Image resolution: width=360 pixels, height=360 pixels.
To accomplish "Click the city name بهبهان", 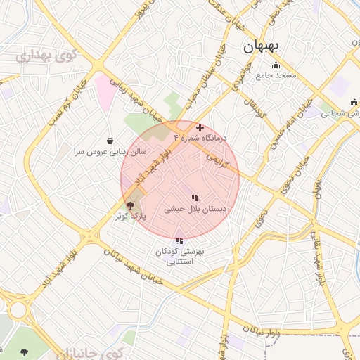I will pyautogui.click(x=262, y=47).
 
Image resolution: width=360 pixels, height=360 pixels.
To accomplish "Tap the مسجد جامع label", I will pyautogui.click(x=276, y=75).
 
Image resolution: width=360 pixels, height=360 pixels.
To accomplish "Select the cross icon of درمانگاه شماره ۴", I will pyautogui.click(x=200, y=127).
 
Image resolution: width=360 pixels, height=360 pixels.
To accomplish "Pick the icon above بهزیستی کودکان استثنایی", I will pyautogui.click(x=180, y=241).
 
